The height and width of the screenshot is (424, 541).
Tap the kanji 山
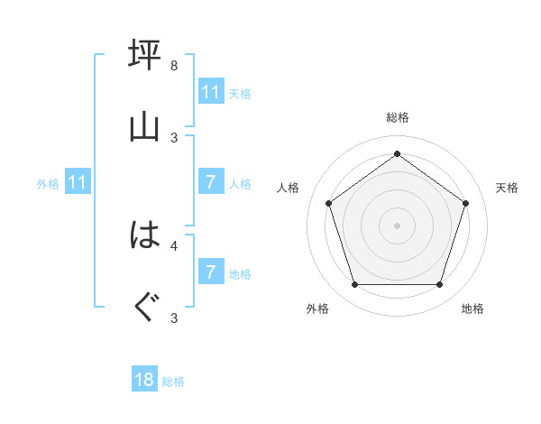click(x=145, y=126)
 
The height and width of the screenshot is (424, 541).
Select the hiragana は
click(x=145, y=235)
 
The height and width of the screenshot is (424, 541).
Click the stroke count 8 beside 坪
click(x=174, y=66)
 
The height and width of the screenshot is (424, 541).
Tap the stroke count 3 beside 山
click(x=174, y=137)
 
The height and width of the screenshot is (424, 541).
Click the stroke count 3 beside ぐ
click(x=174, y=318)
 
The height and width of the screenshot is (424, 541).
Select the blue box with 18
click(x=144, y=380)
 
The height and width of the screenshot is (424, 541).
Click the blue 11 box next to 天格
click(x=210, y=91)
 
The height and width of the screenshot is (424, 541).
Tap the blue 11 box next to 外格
click(x=78, y=183)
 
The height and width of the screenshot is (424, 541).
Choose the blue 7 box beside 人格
click(x=210, y=182)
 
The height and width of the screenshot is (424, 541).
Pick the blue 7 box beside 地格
click(x=210, y=272)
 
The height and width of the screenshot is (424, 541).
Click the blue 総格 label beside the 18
click(x=173, y=382)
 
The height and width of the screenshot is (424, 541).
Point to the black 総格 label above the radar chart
click(x=397, y=118)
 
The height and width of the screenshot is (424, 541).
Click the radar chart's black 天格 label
click(x=507, y=188)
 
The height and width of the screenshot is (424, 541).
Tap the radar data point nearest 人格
click(x=328, y=203)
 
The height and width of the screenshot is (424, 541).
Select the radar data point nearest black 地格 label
click(x=439, y=285)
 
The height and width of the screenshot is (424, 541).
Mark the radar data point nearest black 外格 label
click(x=354, y=285)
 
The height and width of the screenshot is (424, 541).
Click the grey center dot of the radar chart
click(x=397, y=226)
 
